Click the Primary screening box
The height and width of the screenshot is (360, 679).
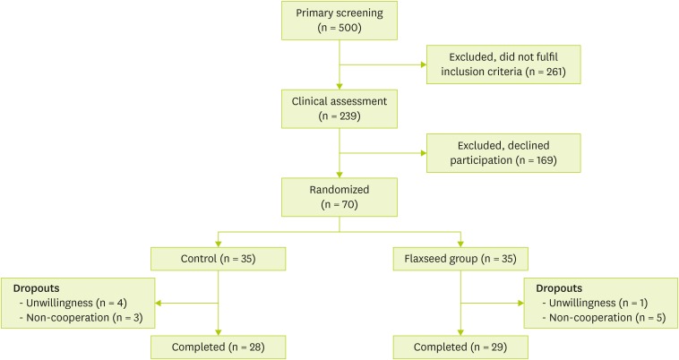pos(340,20)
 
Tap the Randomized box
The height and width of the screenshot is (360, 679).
pos(340,198)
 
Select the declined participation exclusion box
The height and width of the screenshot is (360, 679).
pos(503,153)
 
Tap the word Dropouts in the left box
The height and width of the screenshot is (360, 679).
pos(38,289)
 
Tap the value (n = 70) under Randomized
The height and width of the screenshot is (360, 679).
pos(340,205)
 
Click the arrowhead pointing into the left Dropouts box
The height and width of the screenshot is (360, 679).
pos(160,303)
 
